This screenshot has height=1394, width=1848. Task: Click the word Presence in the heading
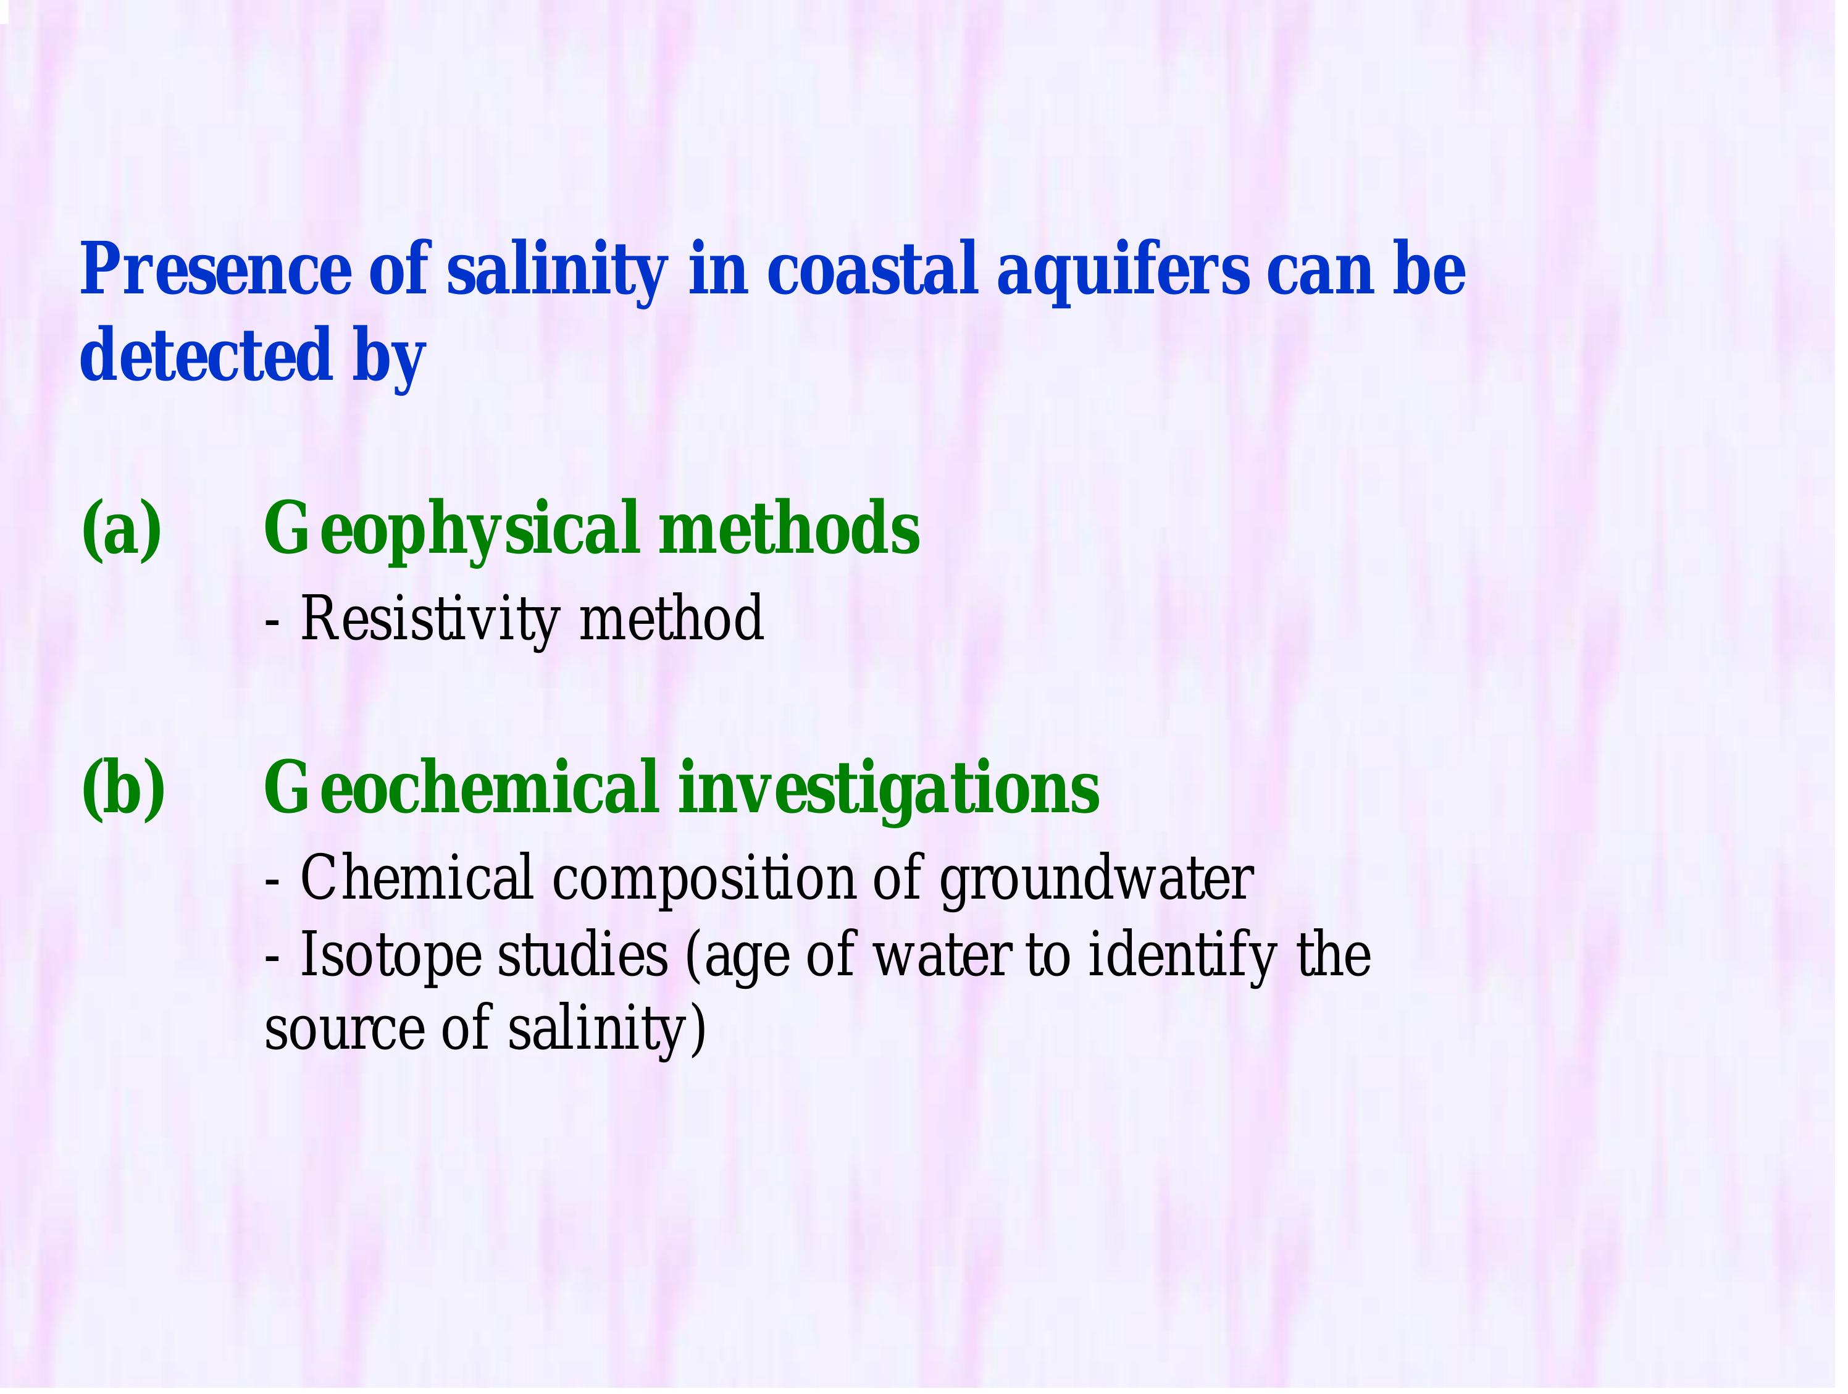(216, 270)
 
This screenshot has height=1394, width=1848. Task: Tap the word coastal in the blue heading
(872, 270)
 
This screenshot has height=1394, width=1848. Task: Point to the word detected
(206, 355)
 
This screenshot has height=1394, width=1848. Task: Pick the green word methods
(790, 529)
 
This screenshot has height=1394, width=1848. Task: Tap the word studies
(582, 955)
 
